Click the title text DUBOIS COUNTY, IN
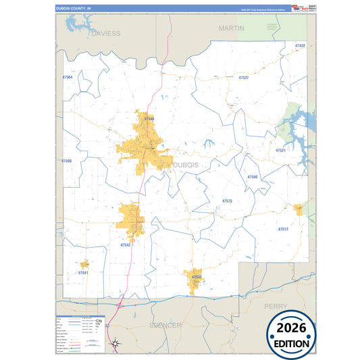coord(72,8)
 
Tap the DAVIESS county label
coord(106,32)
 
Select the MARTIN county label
coord(231,28)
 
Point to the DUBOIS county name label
coord(186,165)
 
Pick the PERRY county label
coord(275,306)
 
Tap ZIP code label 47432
coord(301,45)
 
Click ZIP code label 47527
coord(244,78)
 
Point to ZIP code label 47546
coord(149,118)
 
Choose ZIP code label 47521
coord(280,150)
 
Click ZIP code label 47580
coord(252,176)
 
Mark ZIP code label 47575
coord(227,201)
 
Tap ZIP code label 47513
coord(283,230)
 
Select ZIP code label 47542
coord(126,245)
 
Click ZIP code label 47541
coord(83,272)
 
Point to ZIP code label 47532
coord(196,277)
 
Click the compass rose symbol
coord(115,344)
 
